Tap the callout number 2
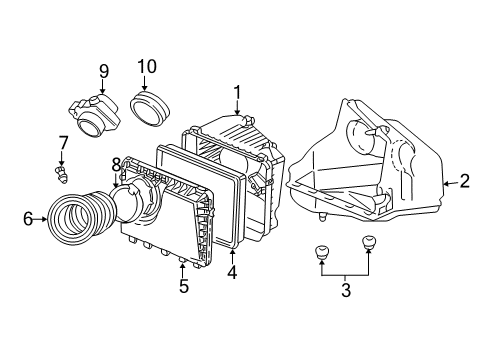pos(464,181)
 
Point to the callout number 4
pos(231,271)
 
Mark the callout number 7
pos(63,143)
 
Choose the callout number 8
pos(116,164)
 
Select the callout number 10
pos(147,67)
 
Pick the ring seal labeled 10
pos(154,105)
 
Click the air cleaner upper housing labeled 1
pos(240,150)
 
